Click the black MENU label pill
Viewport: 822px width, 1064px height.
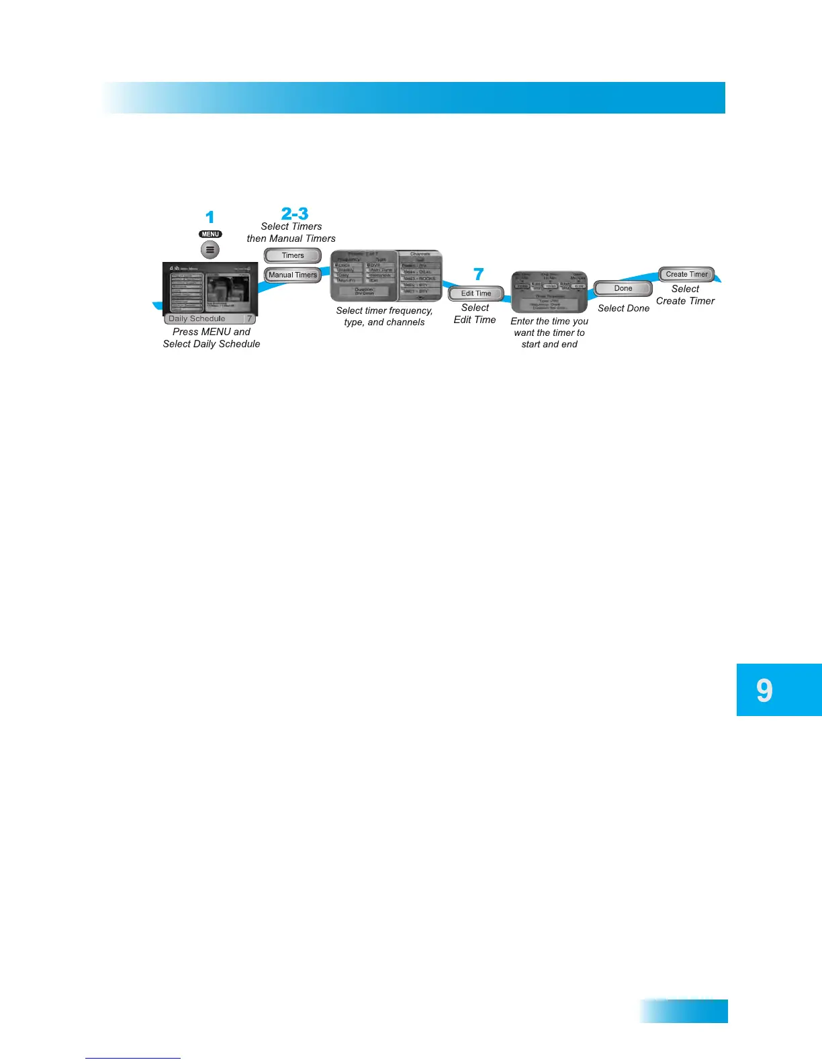(x=210, y=234)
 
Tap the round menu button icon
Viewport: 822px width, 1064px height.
(x=210, y=250)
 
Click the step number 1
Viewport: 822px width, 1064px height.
(x=210, y=218)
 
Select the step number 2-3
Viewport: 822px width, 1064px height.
(x=295, y=214)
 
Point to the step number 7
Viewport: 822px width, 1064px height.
(x=478, y=274)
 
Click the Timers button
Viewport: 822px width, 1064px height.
(x=293, y=256)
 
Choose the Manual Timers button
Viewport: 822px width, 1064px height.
(x=293, y=275)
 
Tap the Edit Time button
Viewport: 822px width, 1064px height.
(x=476, y=294)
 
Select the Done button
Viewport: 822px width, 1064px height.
(x=623, y=289)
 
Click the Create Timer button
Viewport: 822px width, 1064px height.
(x=686, y=274)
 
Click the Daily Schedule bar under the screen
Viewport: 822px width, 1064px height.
(x=210, y=319)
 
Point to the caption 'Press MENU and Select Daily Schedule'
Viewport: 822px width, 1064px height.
(x=212, y=338)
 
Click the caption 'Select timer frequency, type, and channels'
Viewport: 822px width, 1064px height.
(x=384, y=316)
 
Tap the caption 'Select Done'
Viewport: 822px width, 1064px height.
(x=623, y=308)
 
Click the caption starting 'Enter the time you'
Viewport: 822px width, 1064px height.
(x=549, y=332)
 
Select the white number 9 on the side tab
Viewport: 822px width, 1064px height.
(x=764, y=691)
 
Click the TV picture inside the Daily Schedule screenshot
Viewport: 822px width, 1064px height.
(x=227, y=289)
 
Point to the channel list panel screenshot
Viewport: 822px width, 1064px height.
(x=420, y=276)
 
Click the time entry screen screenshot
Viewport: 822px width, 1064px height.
(x=549, y=292)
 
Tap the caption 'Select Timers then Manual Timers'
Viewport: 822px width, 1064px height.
(x=291, y=232)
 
